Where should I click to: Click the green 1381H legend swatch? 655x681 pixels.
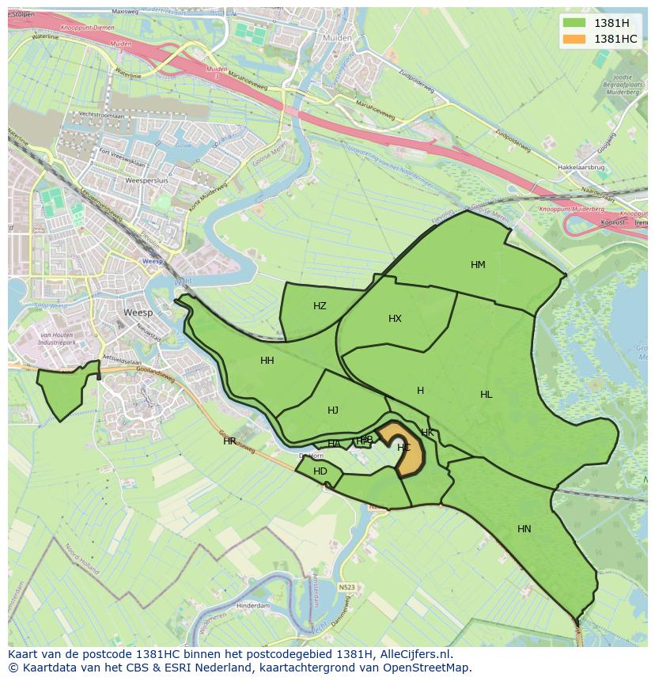574,22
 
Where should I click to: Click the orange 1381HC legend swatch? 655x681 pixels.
574,39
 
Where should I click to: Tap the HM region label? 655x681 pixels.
478,265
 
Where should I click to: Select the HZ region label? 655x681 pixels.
320,306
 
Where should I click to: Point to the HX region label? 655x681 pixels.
395,319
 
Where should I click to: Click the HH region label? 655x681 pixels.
267,361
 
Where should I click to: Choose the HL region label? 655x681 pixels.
486,395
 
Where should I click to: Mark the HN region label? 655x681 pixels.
524,529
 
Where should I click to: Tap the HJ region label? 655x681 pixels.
333,410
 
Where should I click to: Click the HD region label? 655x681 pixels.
320,471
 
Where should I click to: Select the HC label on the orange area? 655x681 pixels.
403,448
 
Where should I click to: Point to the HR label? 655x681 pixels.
229,441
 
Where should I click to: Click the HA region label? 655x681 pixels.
335,444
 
